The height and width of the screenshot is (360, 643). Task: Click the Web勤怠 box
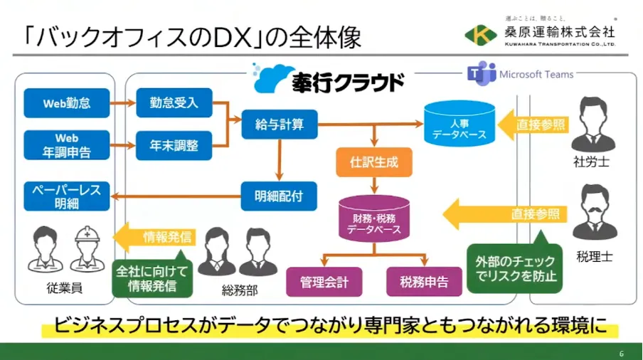tap(67, 103)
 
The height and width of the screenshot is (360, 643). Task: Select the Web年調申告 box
tap(67, 144)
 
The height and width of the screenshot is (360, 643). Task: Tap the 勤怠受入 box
tap(174, 103)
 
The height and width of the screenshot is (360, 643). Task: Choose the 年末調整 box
tap(174, 145)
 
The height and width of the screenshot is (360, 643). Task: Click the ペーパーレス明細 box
tap(67, 196)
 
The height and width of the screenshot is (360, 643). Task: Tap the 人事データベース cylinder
tap(459, 123)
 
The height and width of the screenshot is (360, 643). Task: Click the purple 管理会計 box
tap(324, 282)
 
